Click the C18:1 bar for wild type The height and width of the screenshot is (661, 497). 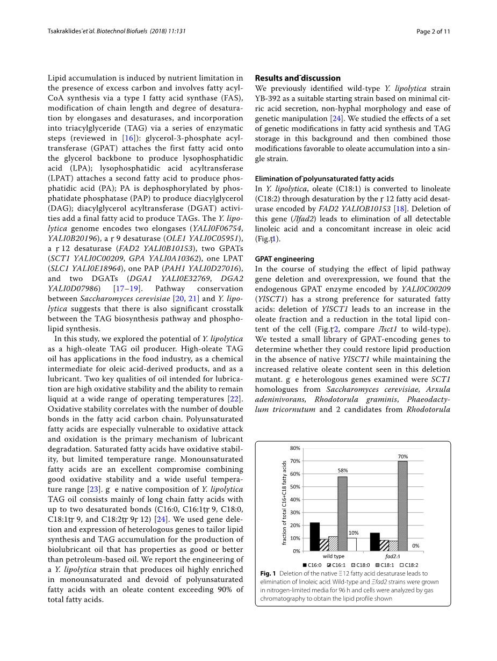(342, 513)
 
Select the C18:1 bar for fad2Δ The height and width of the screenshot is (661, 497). (402, 506)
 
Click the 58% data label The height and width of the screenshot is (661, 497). (342, 470)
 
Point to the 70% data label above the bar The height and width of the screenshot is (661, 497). (402, 456)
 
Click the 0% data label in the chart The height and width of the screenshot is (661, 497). (415, 545)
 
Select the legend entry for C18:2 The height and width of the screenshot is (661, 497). (409, 565)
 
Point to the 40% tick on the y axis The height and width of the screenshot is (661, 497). (295, 499)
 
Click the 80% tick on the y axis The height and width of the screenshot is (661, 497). (295, 448)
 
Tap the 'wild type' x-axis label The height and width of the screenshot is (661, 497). (334, 556)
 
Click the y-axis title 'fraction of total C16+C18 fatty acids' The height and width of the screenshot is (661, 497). (285, 502)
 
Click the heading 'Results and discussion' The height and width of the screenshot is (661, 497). (298, 78)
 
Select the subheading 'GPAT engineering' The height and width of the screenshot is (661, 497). (284, 258)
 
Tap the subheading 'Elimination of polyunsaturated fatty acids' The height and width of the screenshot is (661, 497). (324, 178)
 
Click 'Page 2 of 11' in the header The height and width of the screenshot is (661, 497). (433, 31)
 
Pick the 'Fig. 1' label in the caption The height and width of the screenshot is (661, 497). (268, 573)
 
